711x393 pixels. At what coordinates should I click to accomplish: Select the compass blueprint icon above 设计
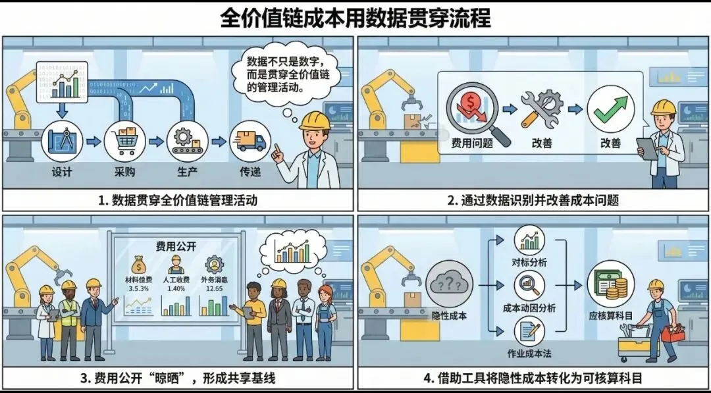tap(61, 142)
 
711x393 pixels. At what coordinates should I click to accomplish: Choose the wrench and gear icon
tap(541, 112)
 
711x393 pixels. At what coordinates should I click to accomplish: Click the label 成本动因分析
tap(529, 307)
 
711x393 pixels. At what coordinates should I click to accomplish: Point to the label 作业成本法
tap(529, 353)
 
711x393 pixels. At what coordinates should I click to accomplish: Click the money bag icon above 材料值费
tap(138, 265)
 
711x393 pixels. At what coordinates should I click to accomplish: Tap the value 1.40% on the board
tap(176, 288)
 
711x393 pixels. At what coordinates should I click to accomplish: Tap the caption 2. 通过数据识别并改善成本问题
tap(533, 200)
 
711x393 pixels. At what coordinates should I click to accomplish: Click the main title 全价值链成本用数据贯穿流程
tap(355, 18)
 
